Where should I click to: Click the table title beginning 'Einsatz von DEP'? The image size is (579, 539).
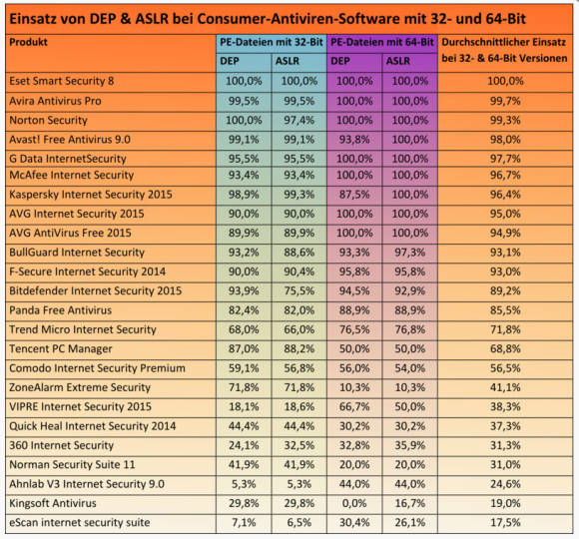pos(268,19)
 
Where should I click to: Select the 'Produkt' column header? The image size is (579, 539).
pos(28,42)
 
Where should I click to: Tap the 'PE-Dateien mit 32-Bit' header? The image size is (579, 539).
pos(272,42)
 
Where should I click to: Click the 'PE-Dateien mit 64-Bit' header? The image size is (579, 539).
pos(382,42)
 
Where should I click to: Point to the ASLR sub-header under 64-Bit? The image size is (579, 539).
pos(398,61)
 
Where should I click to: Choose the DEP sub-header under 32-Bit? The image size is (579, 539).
pos(230,61)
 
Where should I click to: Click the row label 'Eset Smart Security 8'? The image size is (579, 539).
pos(62,81)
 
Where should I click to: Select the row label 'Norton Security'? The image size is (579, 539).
pos(48,120)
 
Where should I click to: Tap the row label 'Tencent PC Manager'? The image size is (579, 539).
pos(61,349)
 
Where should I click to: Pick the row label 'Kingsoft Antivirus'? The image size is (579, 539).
pos(53,503)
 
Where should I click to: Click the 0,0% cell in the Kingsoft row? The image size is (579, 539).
pos(354,503)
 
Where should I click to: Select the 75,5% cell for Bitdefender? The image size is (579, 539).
pos(299,290)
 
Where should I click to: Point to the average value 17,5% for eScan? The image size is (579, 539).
pos(505,522)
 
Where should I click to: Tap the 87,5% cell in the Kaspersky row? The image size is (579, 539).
pos(354,195)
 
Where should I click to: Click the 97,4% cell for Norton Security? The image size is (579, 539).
pos(299,120)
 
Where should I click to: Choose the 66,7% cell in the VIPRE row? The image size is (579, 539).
pos(354,406)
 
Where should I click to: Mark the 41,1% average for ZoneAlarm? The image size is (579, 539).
pos(505,387)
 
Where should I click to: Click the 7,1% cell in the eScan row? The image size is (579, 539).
pos(244,522)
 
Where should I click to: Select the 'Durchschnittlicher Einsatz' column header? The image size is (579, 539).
pos(504,42)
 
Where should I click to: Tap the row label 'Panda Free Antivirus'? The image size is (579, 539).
pos(61,310)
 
